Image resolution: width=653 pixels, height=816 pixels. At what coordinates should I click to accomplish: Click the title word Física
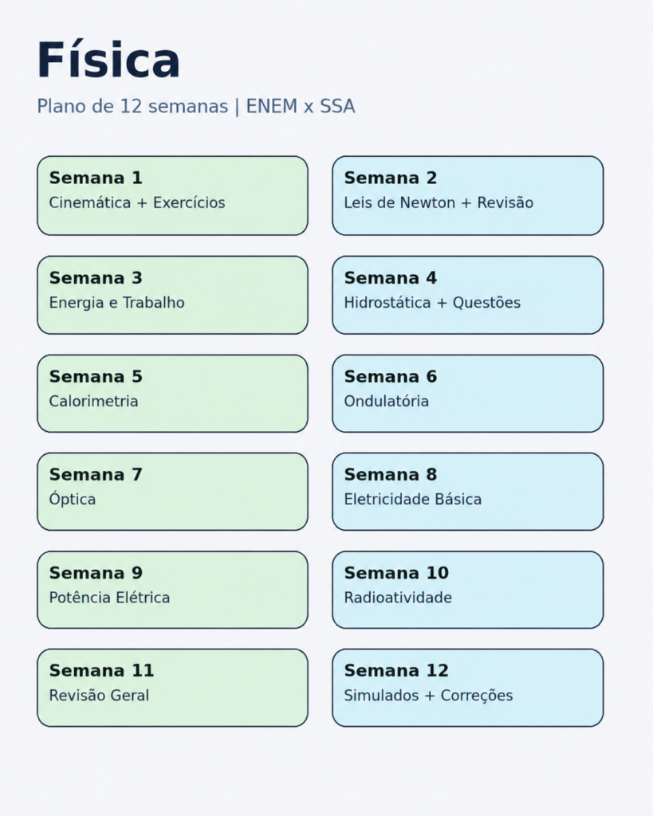[x=108, y=59]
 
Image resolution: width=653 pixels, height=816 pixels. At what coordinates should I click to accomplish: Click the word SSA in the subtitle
[x=337, y=106]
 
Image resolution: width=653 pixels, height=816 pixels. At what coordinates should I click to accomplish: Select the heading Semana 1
[x=96, y=178]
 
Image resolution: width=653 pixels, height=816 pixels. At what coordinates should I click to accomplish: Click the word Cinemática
[x=89, y=202]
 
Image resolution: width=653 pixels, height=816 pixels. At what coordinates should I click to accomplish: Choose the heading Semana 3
[x=96, y=278]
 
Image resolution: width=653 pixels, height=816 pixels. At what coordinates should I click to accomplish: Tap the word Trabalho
[x=154, y=302]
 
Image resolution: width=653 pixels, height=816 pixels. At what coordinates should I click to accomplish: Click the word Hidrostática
[x=387, y=302]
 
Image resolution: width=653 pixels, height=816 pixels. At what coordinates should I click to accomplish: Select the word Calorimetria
[x=94, y=402]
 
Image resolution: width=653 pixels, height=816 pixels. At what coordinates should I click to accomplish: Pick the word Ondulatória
[x=387, y=402]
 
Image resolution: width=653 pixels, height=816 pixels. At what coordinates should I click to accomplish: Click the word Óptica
[x=73, y=499]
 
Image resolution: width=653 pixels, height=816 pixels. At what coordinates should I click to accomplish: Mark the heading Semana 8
[x=391, y=475]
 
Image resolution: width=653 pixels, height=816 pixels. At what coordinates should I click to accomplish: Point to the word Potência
[x=81, y=597]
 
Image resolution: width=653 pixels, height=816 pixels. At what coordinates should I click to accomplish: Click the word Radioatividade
[x=398, y=598]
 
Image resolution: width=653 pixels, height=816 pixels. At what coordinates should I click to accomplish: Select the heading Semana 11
[x=101, y=671]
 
